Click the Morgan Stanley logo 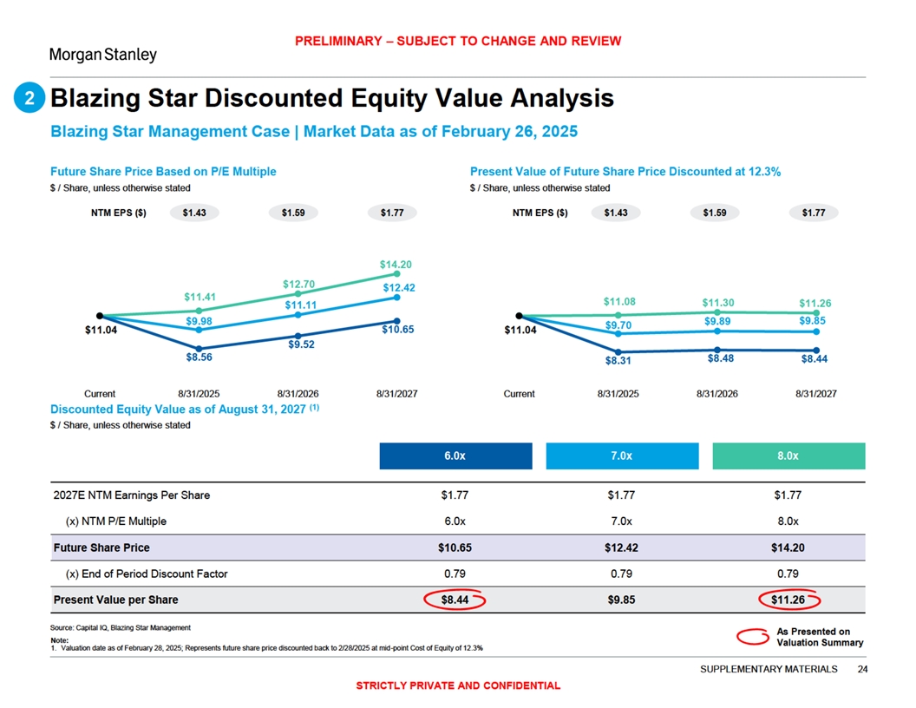[103, 55]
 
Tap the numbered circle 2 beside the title [29, 100]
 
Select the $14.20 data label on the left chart [396, 264]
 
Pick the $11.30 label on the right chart [717, 303]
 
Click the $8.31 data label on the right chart [618, 362]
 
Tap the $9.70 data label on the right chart [618, 324]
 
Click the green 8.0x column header [788, 456]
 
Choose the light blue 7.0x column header [622, 456]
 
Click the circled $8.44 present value [455, 600]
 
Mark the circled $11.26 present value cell [788, 600]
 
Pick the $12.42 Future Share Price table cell [622, 547]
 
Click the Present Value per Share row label [116, 600]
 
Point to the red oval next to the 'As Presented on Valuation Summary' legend [752, 638]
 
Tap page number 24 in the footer [861, 669]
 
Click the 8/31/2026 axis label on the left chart [298, 394]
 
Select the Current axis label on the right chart [519, 394]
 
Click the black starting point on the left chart [101, 316]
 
